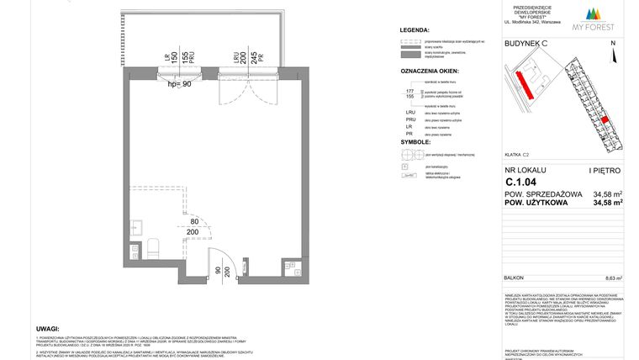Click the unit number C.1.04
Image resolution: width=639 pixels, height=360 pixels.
(520, 181)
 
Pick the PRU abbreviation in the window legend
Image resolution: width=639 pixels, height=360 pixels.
(411, 121)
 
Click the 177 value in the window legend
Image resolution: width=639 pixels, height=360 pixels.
(409, 91)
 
